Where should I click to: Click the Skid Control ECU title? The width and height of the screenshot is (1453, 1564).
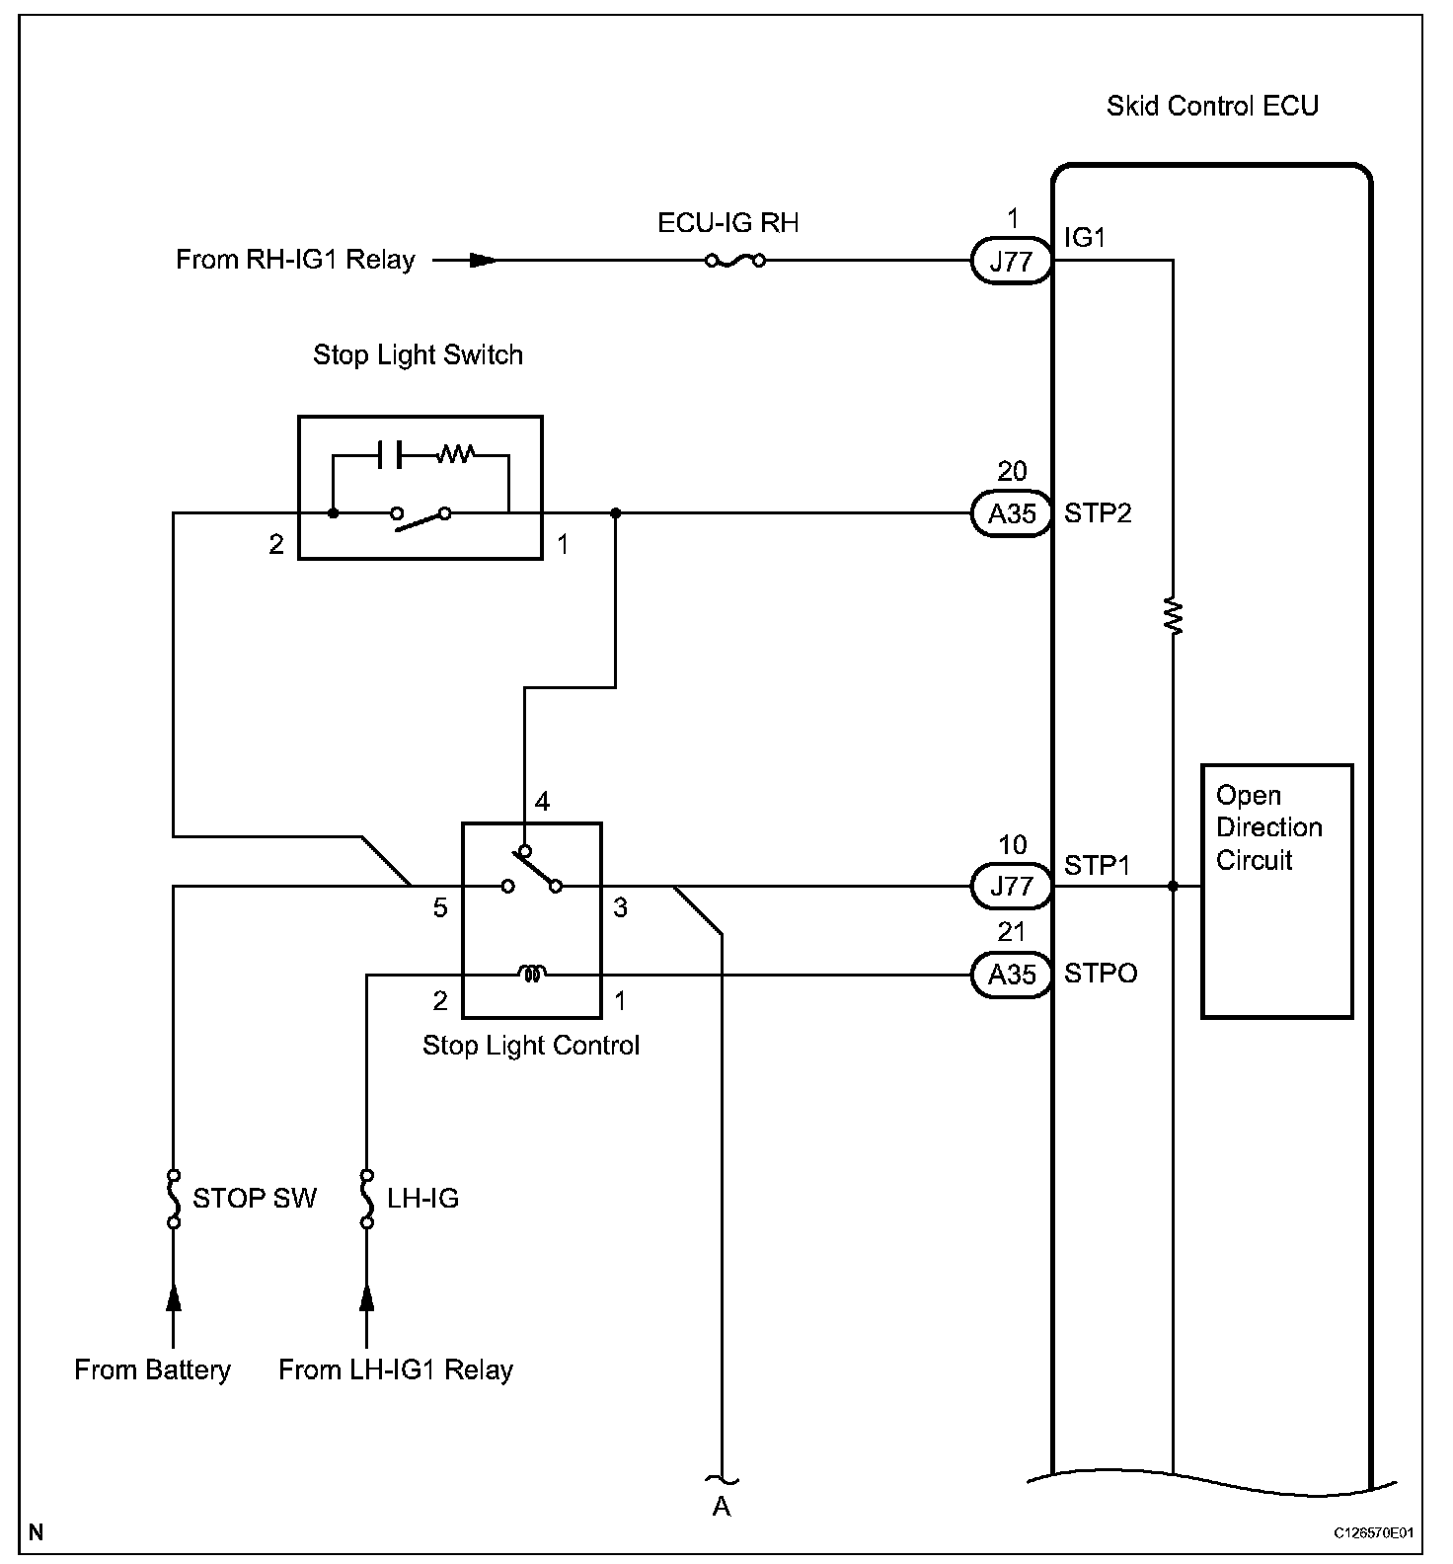pos(1212,107)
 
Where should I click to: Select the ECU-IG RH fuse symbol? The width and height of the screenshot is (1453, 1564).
pos(735,261)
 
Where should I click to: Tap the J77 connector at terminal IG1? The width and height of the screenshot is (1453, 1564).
pos(1011,262)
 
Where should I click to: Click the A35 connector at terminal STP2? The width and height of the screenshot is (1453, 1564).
pos(1011,513)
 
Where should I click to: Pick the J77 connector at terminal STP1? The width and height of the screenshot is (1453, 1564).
pos(1011,886)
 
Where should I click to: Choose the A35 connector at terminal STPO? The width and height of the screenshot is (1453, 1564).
pos(1011,975)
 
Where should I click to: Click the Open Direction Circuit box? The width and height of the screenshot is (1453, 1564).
pos(1276,892)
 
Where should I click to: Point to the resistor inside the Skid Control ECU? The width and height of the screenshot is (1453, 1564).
pos(1174,617)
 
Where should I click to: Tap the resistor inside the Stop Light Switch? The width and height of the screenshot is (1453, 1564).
pos(457,454)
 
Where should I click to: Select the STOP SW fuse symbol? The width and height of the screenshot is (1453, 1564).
pos(174,1199)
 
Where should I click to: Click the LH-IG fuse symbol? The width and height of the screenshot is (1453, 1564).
pos(367,1199)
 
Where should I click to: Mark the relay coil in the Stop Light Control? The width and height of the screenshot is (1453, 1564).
pos(532,975)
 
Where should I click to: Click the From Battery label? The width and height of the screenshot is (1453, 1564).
pos(152,1369)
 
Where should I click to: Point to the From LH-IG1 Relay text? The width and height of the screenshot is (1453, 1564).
pos(396,1369)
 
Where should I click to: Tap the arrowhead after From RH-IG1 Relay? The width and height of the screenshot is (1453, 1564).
pos(483,261)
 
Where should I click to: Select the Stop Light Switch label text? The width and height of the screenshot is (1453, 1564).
pos(418,355)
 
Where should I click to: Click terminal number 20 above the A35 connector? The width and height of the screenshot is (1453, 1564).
pos(1012,471)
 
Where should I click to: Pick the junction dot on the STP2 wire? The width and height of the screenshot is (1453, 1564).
pos(616,513)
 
